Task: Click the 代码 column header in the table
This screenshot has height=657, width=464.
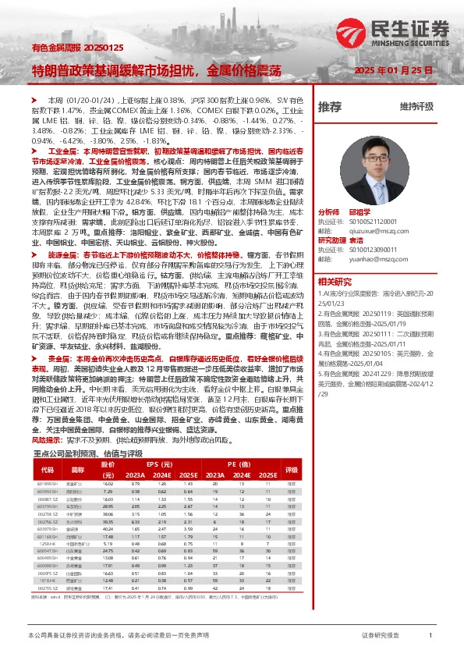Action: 47,470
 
